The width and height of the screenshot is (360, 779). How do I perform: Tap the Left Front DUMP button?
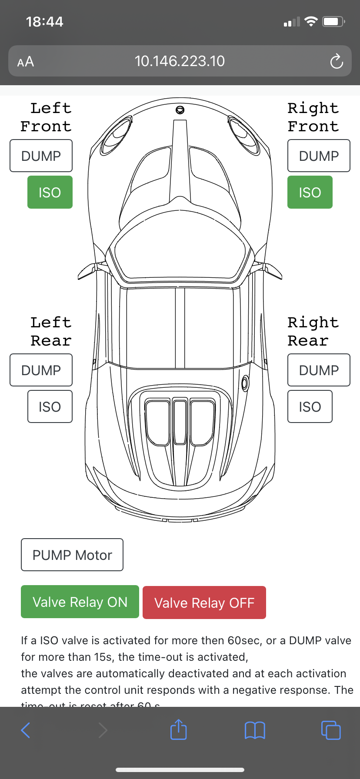[x=41, y=156]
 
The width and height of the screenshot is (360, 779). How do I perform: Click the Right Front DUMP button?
[x=319, y=156]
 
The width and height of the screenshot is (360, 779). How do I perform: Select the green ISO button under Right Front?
[x=310, y=192]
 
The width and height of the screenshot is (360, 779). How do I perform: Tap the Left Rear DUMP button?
[x=41, y=370]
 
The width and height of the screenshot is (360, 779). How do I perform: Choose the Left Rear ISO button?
[x=50, y=406]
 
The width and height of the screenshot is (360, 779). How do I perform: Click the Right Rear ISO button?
[x=310, y=406]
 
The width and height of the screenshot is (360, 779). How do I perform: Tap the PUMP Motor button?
[x=72, y=555]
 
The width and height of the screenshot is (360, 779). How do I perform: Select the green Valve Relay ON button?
[x=80, y=602]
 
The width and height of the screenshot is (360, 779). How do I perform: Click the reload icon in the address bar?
[x=337, y=61]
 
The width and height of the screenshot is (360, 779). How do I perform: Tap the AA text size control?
[x=26, y=62]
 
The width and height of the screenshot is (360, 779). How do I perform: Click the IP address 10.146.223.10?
[x=180, y=61]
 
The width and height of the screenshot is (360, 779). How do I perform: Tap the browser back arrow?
[x=26, y=730]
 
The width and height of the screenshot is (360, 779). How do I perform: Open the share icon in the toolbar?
[x=178, y=729]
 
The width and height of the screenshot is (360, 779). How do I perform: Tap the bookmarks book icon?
[x=255, y=730]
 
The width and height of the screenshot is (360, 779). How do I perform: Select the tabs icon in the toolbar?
[x=331, y=730]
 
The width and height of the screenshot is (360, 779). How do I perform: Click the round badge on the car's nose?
[x=180, y=110]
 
